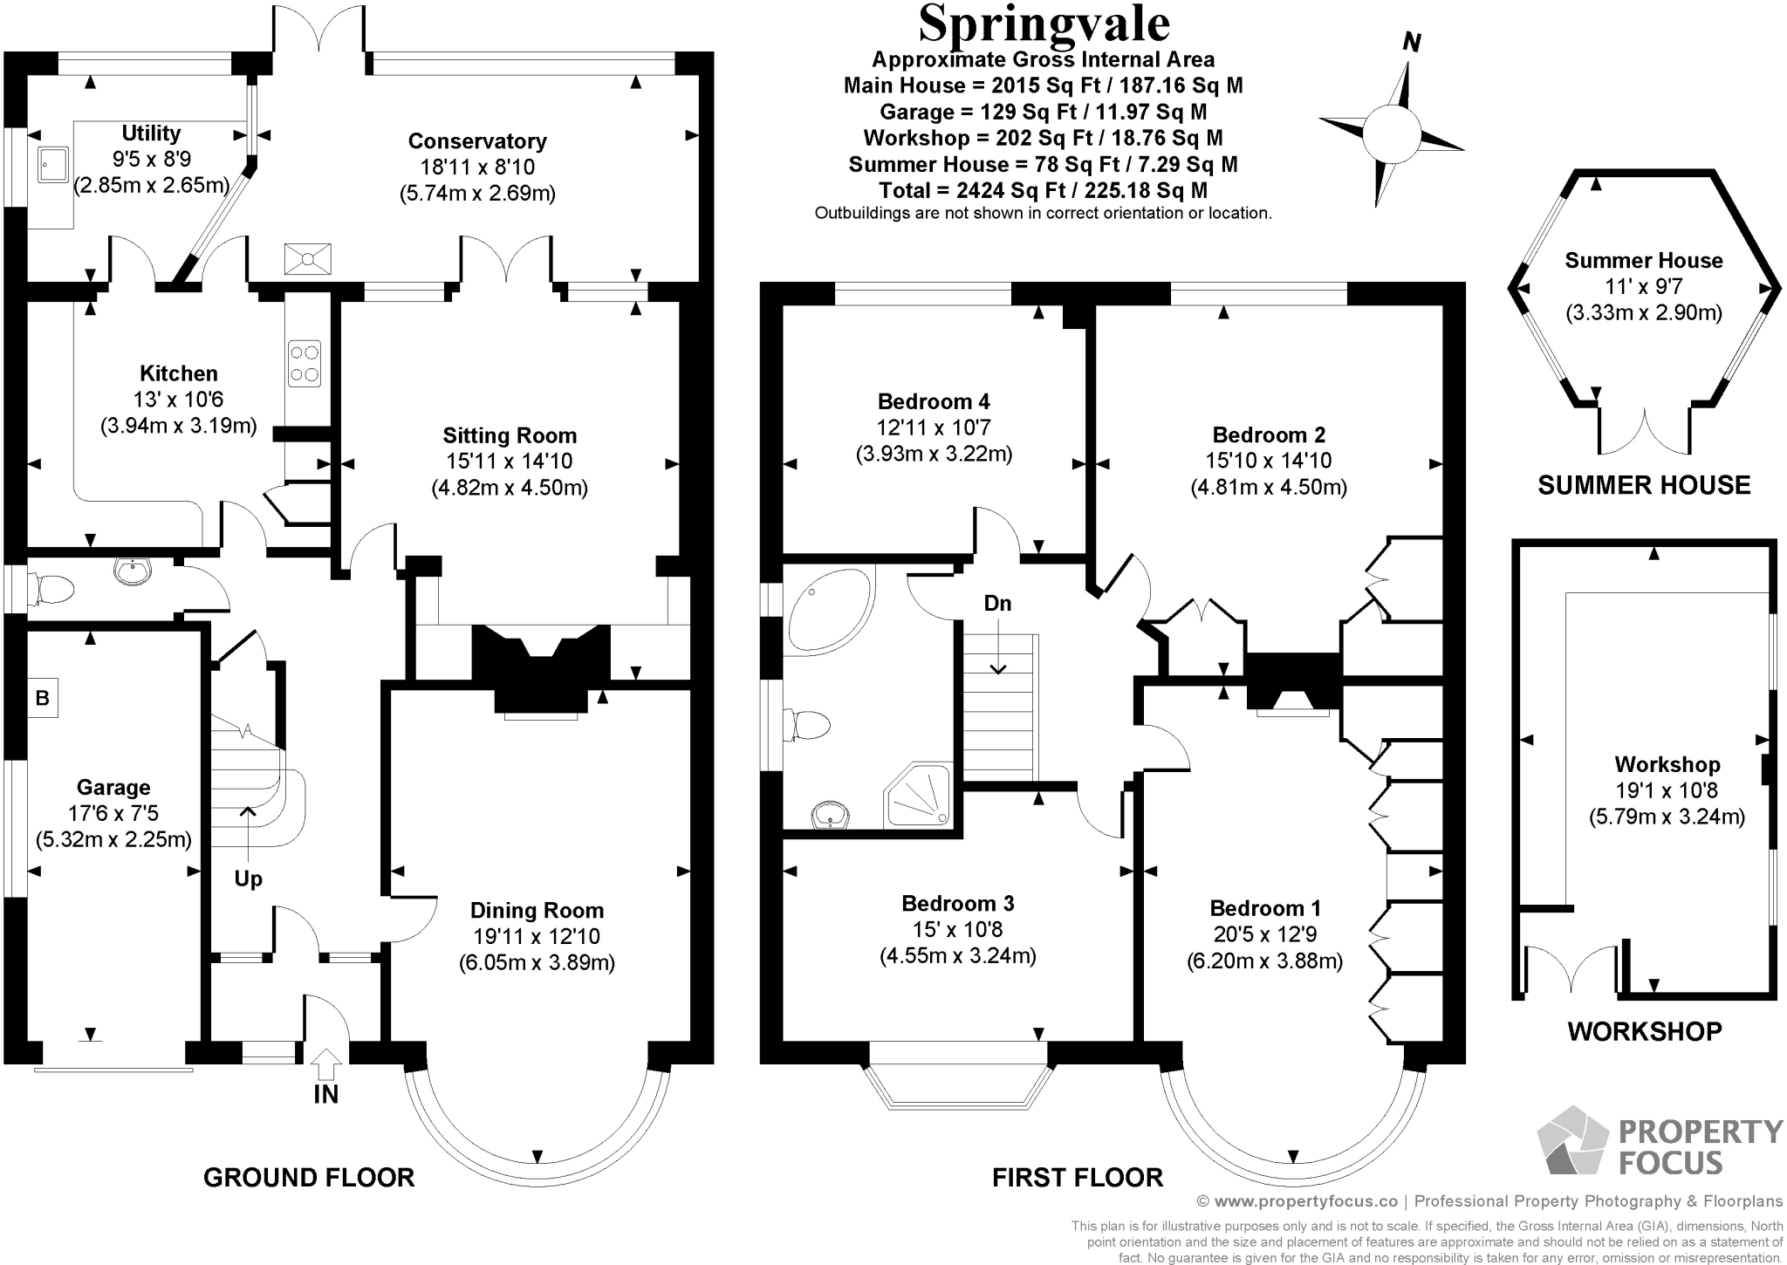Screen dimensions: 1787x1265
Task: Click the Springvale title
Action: click(1044, 24)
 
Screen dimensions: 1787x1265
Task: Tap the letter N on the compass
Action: click(1411, 42)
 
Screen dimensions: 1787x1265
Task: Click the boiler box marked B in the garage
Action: click(41, 698)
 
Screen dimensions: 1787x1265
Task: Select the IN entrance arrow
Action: click(326, 1066)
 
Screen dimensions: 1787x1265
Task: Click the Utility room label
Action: click(151, 133)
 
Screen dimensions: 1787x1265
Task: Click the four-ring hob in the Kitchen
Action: click(304, 364)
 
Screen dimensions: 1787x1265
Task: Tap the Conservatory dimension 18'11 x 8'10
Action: click(477, 168)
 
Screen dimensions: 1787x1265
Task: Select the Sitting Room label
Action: click(510, 435)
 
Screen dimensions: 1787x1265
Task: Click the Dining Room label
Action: click(537, 911)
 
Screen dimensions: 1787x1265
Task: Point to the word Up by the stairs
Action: click(249, 879)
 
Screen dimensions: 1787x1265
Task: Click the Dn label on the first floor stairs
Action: click(997, 603)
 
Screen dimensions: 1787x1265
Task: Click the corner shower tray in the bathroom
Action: click(918, 796)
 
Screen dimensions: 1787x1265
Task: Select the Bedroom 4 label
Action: click(934, 401)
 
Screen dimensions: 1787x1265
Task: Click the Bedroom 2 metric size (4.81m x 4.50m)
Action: click(1269, 487)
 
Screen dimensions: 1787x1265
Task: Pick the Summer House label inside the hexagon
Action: click(1643, 260)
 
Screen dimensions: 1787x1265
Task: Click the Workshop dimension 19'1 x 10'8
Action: click(1667, 790)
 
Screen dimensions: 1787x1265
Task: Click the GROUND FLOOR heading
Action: click(309, 1178)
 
